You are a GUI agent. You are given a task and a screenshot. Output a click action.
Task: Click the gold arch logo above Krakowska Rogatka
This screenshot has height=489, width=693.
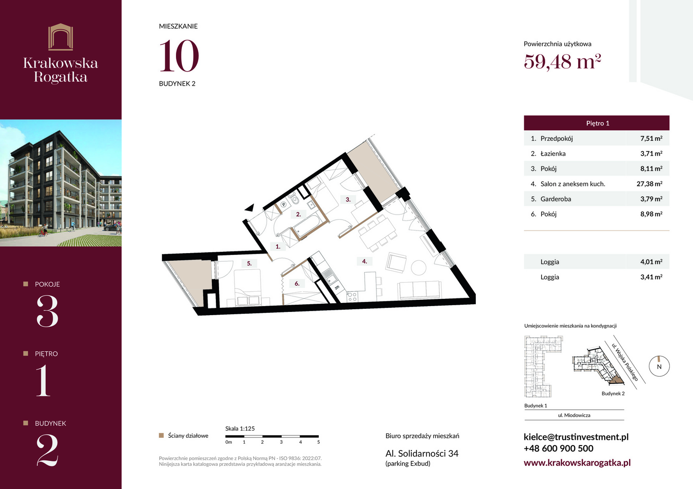coord(61,37)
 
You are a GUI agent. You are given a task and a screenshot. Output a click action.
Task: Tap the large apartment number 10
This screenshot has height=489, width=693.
coord(179,56)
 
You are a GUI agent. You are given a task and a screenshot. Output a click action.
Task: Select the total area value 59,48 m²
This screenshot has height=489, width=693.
coord(562,62)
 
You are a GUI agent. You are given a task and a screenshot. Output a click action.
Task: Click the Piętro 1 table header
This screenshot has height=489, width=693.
coord(596,123)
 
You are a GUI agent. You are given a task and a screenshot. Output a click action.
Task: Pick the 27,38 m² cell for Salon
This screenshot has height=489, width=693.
coord(649,184)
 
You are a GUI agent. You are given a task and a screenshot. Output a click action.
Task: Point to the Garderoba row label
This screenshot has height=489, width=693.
coord(556,199)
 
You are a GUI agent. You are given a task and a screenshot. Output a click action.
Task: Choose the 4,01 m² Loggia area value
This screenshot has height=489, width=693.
coord(651,262)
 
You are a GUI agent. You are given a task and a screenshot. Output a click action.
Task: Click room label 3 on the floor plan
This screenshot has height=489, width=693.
coord(348,200)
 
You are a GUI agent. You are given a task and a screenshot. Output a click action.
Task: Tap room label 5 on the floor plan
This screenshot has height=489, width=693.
coord(249,264)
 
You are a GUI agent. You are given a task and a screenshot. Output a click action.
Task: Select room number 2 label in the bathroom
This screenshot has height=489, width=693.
coord(298,214)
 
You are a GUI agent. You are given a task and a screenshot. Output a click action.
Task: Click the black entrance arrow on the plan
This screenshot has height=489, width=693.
coord(249,208)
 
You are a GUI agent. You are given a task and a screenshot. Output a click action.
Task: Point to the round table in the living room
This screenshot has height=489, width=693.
coord(418,268)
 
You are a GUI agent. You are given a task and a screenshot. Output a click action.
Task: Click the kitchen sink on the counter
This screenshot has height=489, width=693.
coord(329,276)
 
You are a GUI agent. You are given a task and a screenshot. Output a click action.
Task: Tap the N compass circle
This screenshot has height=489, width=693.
coord(659,366)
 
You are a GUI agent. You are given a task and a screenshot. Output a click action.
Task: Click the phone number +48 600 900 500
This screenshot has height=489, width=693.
coord(558,448)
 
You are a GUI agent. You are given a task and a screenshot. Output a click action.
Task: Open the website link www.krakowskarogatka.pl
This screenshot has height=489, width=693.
coord(577,462)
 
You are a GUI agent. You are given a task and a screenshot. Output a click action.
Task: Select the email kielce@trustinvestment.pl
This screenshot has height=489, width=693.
coord(576,437)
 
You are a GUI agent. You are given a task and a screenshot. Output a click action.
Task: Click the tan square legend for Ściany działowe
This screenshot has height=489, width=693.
coord(161,436)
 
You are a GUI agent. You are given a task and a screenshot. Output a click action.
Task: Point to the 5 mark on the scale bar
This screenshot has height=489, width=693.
coord(318,442)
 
